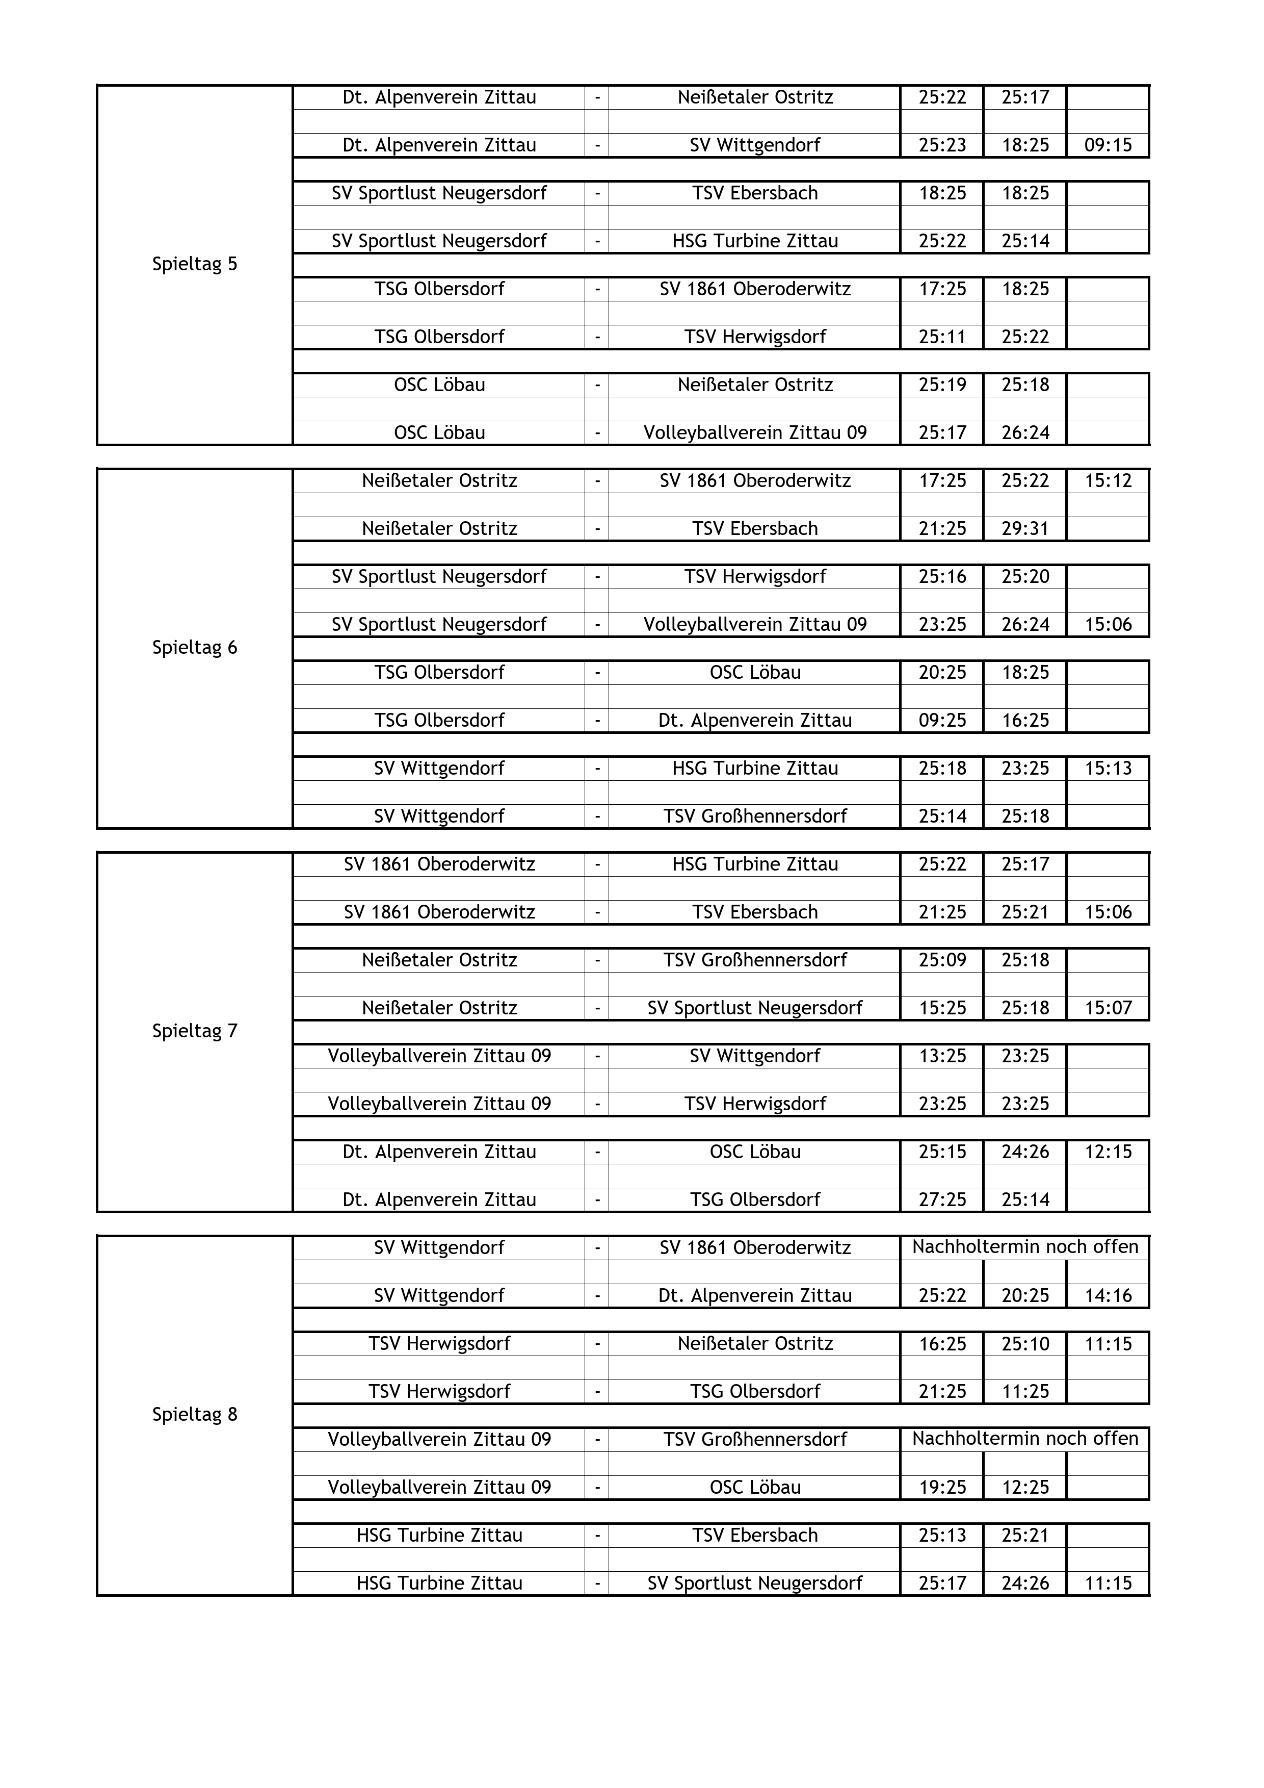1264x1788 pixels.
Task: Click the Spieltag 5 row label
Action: [x=195, y=264]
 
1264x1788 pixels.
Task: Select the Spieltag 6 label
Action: [x=195, y=647]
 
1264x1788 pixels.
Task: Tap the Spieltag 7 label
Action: [x=195, y=1031]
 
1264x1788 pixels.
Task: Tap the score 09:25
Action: [x=942, y=720]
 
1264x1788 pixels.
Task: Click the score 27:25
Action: [x=942, y=1199]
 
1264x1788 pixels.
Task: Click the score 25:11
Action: [x=942, y=337]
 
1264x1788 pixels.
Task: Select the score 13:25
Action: [x=942, y=1056]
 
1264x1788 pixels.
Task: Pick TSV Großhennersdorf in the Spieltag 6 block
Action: [x=754, y=816]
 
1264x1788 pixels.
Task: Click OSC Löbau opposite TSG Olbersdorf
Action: [x=754, y=672]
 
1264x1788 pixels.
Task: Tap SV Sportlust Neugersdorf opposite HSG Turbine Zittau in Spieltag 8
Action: [x=754, y=1583]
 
